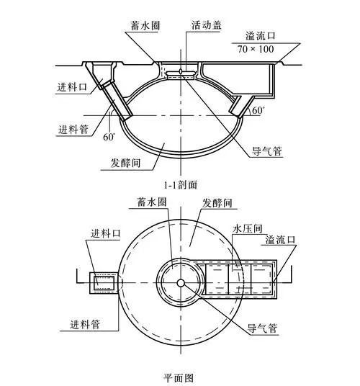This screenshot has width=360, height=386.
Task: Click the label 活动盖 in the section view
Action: [x=207, y=25]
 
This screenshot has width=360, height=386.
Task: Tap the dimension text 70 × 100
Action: [x=256, y=49]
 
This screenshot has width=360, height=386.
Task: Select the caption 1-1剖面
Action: [x=181, y=184]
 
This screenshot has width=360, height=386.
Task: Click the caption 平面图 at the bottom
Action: [x=179, y=377]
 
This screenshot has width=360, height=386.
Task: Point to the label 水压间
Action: [x=247, y=228]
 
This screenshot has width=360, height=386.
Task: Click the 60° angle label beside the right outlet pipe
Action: [x=257, y=110]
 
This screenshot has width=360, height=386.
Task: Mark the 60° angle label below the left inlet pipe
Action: [x=109, y=137]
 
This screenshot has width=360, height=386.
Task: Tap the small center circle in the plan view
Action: [x=181, y=283]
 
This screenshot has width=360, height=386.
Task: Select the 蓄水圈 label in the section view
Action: [x=145, y=26]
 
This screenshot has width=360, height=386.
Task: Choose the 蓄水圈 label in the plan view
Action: [x=152, y=202]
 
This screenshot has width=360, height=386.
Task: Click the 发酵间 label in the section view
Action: [x=125, y=163]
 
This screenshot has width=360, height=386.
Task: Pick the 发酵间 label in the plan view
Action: [x=217, y=203]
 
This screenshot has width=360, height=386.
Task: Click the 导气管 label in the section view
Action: [x=266, y=151]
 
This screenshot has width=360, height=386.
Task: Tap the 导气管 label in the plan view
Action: [x=262, y=328]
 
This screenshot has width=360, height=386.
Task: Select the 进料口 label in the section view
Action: [x=72, y=87]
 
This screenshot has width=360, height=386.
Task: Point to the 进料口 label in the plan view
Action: [x=106, y=233]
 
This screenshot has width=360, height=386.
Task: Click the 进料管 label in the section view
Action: [x=73, y=129]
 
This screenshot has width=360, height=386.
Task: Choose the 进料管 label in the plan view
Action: [x=85, y=325]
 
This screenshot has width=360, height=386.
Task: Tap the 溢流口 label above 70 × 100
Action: [x=261, y=36]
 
